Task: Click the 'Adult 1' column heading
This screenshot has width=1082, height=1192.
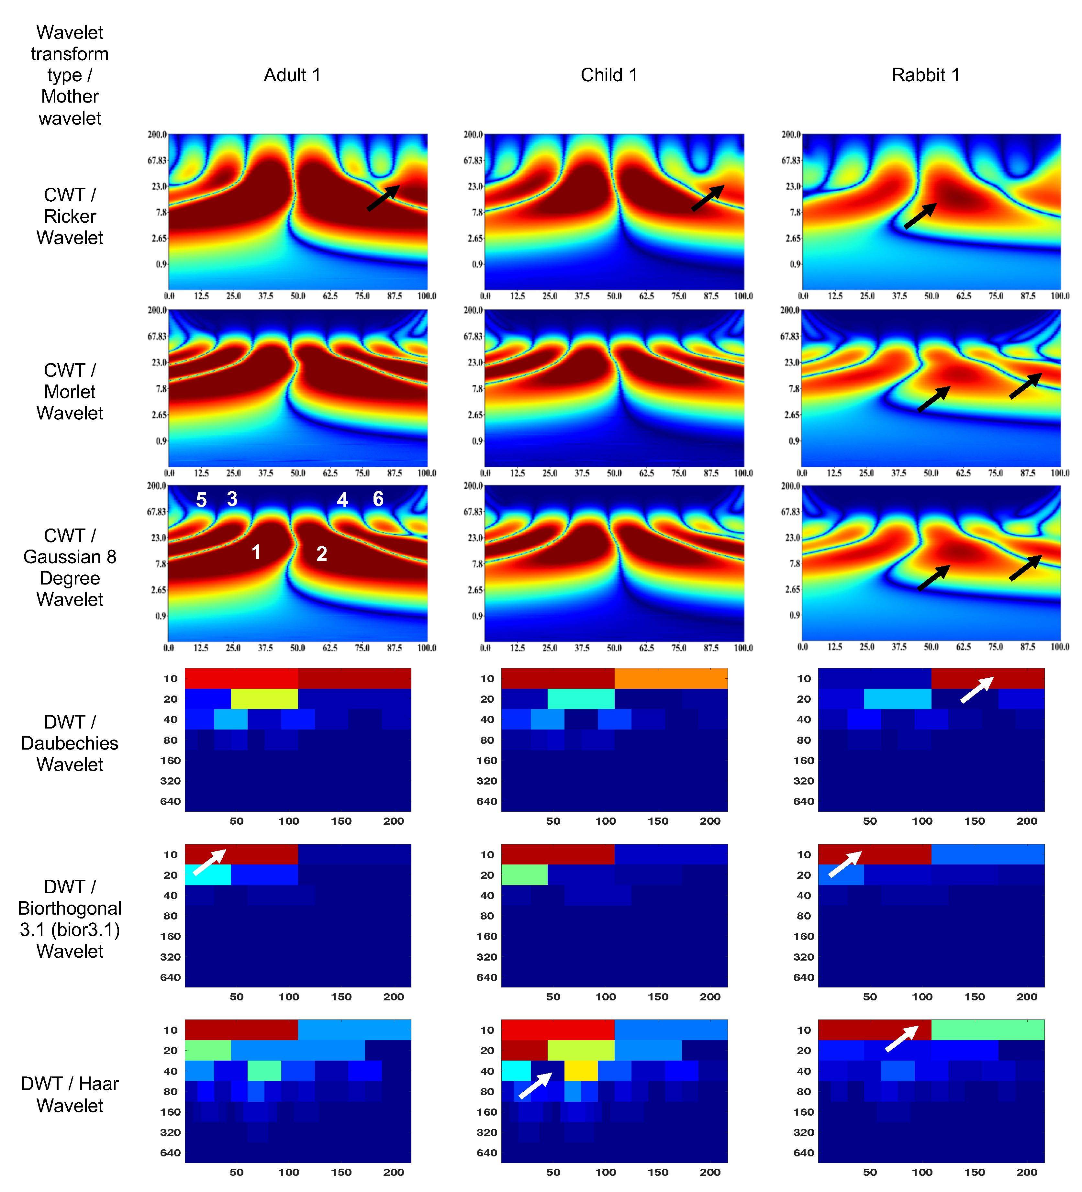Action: click(292, 75)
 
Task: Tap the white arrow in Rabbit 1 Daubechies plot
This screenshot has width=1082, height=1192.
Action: click(976, 690)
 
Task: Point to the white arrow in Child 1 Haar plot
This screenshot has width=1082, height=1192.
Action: click(535, 1086)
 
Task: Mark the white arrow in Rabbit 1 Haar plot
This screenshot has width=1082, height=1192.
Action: click(902, 1038)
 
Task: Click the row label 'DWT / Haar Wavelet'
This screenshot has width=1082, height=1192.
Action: click(70, 1095)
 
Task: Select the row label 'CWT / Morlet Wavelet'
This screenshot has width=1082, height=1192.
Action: click(70, 391)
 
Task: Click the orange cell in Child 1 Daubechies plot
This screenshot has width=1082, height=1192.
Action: click(671, 678)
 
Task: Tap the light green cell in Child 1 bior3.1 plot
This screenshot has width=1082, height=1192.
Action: click(524, 875)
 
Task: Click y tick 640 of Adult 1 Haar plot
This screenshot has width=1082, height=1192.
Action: click(170, 1153)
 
